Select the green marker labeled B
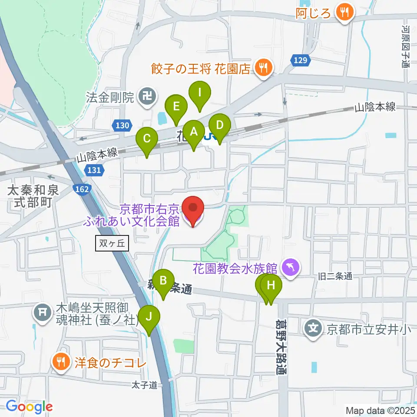(x=163, y=281)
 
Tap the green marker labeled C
(x=147, y=139)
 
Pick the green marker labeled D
(x=219, y=126)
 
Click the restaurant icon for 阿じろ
(x=345, y=12)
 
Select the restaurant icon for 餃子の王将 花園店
(x=263, y=68)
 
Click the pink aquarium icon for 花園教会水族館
(x=290, y=267)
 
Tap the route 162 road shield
(x=84, y=190)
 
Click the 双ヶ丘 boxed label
(x=111, y=244)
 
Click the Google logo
(x=29, y=407)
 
